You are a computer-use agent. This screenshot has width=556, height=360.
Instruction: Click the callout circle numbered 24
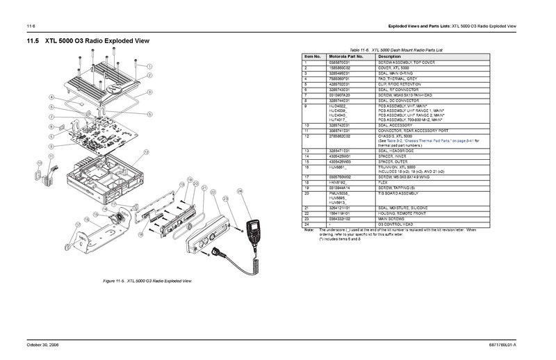(x=240, y=190)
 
